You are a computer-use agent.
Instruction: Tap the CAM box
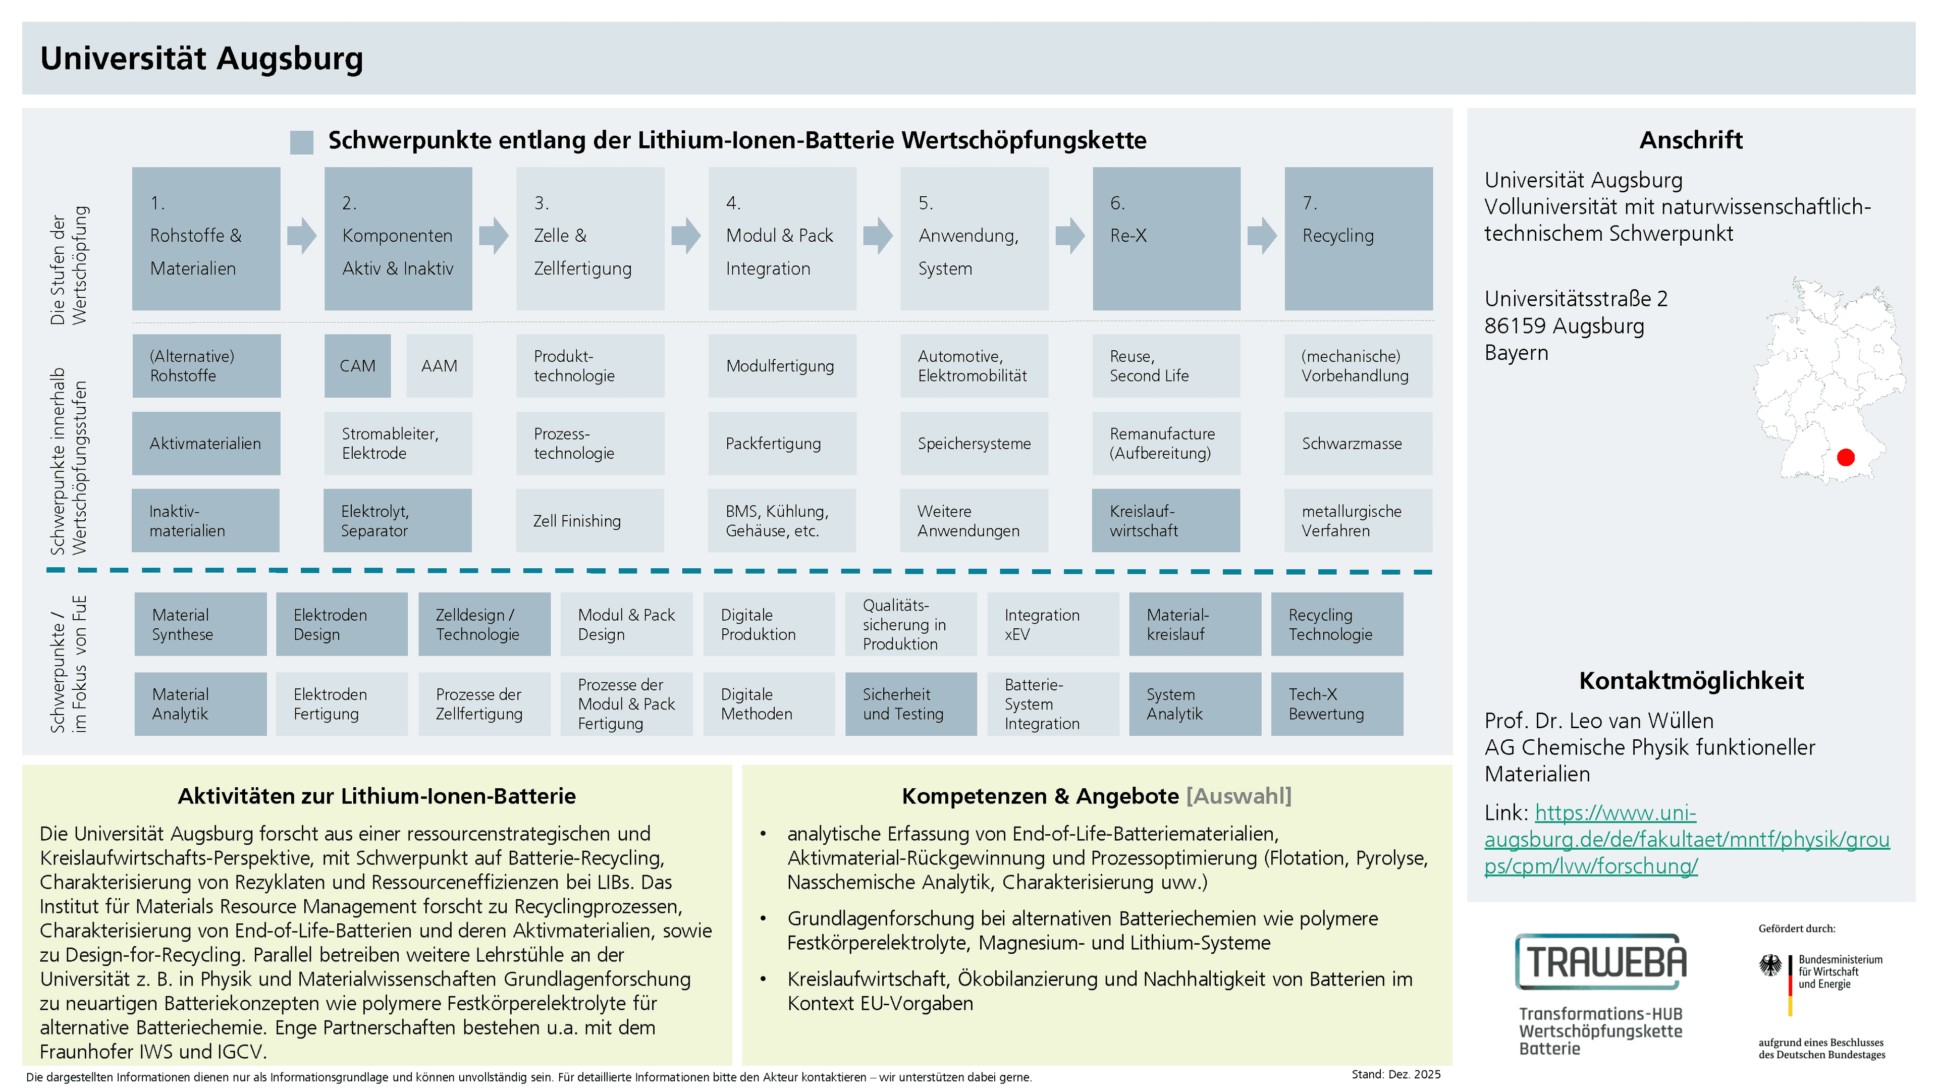[357, 365]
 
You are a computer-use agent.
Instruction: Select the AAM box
[440, 365]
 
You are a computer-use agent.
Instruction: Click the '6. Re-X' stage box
[1166, 239]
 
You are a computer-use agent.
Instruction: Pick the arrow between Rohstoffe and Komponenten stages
[302, 236]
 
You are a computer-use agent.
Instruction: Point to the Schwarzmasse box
[1358, 443]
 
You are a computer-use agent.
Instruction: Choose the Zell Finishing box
[590, 521]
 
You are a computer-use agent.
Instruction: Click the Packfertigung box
[782, 443]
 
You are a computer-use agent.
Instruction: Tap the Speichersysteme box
[974, 443]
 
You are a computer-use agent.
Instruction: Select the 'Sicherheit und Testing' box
[910, 703]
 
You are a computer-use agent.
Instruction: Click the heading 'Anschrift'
[1691, 140]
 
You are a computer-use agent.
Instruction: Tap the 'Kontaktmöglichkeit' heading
[1691, 680]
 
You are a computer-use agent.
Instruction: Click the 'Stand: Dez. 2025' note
[1395, 1074]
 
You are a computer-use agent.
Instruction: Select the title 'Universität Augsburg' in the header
[202, 59]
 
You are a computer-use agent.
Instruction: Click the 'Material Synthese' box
[200, 624]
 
